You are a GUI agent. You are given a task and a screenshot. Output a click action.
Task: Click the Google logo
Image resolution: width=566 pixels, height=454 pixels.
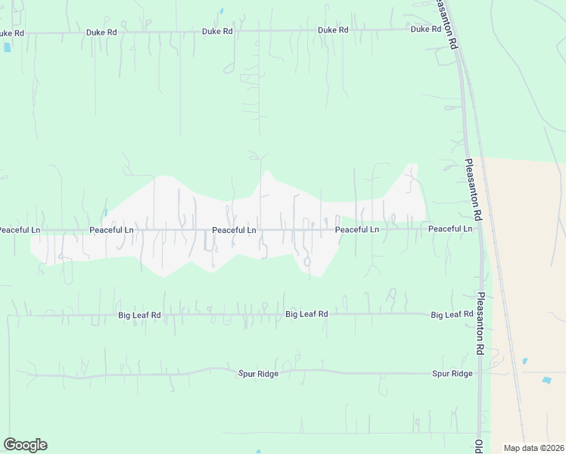point(25,445)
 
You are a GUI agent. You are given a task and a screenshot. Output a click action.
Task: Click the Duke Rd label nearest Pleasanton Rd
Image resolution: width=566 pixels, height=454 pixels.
point(425,30)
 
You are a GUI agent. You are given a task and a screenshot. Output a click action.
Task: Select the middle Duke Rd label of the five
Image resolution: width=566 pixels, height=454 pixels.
point(217,32)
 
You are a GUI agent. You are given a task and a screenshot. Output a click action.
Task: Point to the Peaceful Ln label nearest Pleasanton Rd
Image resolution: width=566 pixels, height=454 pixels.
point(449,229)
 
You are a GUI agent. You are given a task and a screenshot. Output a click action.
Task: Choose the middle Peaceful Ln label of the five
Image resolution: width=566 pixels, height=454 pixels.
point(234,229)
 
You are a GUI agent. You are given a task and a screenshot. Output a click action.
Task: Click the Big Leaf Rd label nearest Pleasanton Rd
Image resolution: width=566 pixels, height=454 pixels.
point(452,314)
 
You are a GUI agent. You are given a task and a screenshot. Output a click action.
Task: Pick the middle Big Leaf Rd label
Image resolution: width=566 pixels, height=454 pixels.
point(306,313)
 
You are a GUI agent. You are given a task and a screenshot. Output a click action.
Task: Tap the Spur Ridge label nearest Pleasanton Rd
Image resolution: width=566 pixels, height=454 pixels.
point(452,374)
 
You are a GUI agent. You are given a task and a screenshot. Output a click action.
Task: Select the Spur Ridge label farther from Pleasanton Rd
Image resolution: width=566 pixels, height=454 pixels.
point(258,374)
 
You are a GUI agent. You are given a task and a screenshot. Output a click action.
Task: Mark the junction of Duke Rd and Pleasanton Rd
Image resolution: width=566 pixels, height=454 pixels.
point(448,30)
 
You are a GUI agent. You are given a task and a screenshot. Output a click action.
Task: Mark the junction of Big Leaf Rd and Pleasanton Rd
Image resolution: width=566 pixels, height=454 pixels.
point(479,313)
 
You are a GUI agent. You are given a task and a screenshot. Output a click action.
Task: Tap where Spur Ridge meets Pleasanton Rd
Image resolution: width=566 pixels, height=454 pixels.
point(479,373)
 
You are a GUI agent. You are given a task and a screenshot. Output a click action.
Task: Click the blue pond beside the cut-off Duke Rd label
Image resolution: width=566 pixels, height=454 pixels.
point(8,47)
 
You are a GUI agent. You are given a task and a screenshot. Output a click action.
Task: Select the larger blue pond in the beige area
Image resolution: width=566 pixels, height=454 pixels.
point(546,379)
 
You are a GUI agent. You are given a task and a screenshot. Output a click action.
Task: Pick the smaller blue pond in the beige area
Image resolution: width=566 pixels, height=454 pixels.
point(524,361)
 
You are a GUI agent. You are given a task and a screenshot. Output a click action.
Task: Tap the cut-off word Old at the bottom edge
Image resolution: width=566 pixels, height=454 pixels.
point(479,446)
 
